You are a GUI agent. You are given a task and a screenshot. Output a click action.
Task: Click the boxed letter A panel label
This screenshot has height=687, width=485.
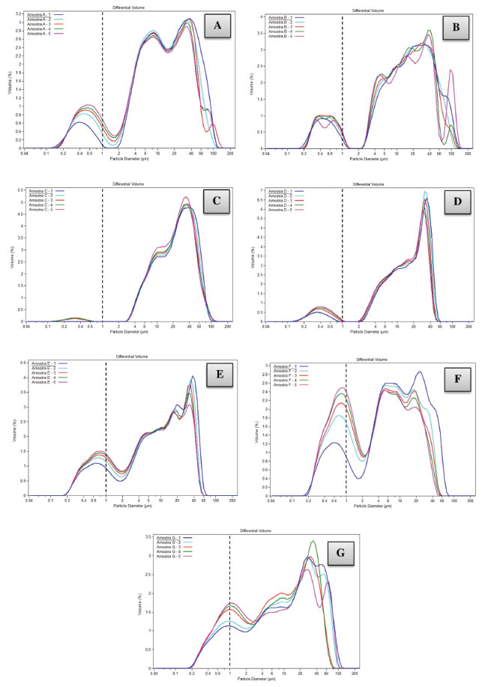218,27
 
